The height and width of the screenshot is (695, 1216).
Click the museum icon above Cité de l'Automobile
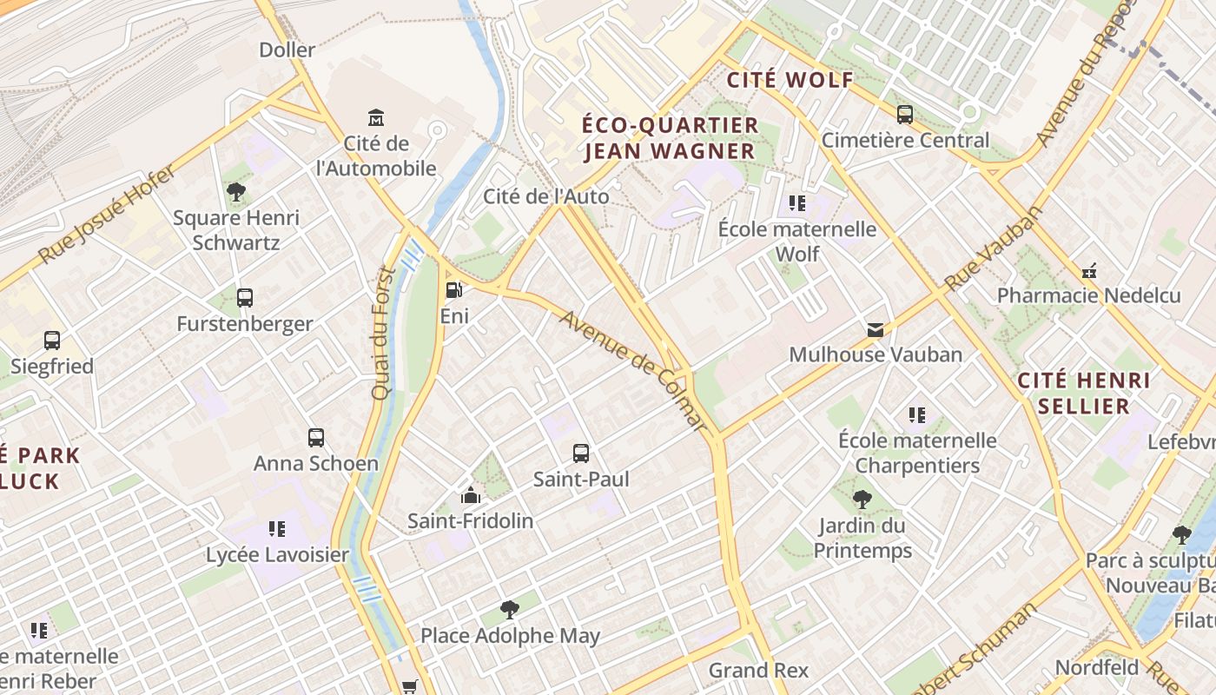[x=376, y=117]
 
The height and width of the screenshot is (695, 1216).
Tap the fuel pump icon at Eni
[x=453, y=290]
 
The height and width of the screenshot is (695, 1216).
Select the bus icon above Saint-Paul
[x=581, y=453]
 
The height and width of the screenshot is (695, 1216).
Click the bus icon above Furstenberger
[x=245, y=298]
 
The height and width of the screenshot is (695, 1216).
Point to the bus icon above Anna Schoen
[x=316, y=437]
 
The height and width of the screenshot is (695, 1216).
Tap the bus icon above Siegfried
[x=52, y=341]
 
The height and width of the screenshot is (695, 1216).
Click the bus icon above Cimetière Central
[x=905, y=114]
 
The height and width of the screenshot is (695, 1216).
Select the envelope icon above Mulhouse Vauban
[x=875, y=329]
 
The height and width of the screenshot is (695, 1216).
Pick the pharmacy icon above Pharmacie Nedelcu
[x=1089, y=270]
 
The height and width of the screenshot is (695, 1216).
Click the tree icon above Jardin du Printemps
[x=862, y=499]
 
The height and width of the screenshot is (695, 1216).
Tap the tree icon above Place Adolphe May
[x=510, y=609]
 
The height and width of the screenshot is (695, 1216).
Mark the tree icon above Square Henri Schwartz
[x=235, y=191]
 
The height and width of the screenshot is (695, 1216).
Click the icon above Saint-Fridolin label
[x=471, y=495]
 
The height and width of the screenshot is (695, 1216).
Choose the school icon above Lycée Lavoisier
[x=277, y=528]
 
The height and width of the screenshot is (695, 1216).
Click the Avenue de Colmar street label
[x=633, y=369]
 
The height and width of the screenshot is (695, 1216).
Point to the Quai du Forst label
[x=383, y=333]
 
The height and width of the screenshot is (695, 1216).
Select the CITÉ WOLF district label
[x=790, y=81]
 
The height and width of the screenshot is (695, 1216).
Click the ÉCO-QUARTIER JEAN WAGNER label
[x=670, y=139]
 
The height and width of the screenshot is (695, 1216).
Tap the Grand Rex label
[x=758, y=670]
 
